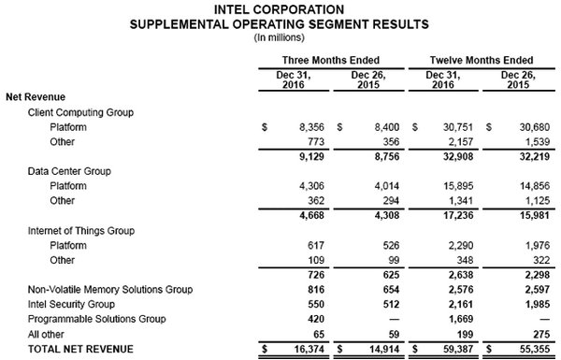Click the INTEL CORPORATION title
[x=280, y=8]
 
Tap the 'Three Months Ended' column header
[x=319, y=58]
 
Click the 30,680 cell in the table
[x=525, y=125]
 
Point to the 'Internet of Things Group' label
[x=83, y=230]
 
